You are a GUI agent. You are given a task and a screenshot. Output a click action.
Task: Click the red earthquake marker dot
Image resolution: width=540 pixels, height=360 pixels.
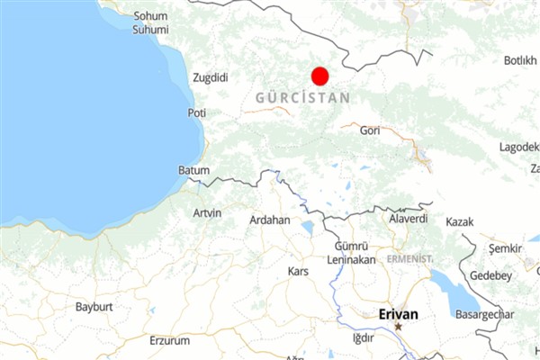coord(319,76)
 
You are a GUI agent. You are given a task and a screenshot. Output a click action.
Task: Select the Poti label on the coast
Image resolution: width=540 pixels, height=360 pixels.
coord(196,113)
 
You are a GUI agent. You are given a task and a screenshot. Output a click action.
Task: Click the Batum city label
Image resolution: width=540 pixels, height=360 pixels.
coord(193,170)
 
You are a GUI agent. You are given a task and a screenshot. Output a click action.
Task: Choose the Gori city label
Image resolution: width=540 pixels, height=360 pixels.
coord(369,130)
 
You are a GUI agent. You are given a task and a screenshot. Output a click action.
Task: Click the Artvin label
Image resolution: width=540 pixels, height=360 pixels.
coord(207,212)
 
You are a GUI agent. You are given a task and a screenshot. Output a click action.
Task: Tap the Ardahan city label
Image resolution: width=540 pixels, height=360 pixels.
coord(270,220)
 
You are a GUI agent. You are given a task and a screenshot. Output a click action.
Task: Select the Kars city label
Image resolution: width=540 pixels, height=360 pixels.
coord(297,271)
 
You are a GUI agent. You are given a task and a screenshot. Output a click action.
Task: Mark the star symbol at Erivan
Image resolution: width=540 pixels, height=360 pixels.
coord(398,327)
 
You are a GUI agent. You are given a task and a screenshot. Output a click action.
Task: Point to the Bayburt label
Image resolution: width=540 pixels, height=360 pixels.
coord(94,307)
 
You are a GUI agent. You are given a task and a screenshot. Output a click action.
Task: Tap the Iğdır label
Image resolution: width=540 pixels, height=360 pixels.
coord(363,338)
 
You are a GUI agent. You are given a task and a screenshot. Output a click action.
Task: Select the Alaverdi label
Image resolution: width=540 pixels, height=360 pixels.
coord(408,219)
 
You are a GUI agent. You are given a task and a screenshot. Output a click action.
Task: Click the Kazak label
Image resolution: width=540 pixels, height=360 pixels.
coord(459,221)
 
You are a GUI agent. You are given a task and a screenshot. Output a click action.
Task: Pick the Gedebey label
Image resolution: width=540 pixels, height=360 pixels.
coord(490,275)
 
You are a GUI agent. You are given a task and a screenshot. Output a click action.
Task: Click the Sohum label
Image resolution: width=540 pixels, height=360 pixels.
coord(150,16)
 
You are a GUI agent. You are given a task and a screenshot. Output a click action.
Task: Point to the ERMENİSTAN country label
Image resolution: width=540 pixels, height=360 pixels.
coord(409,258)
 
